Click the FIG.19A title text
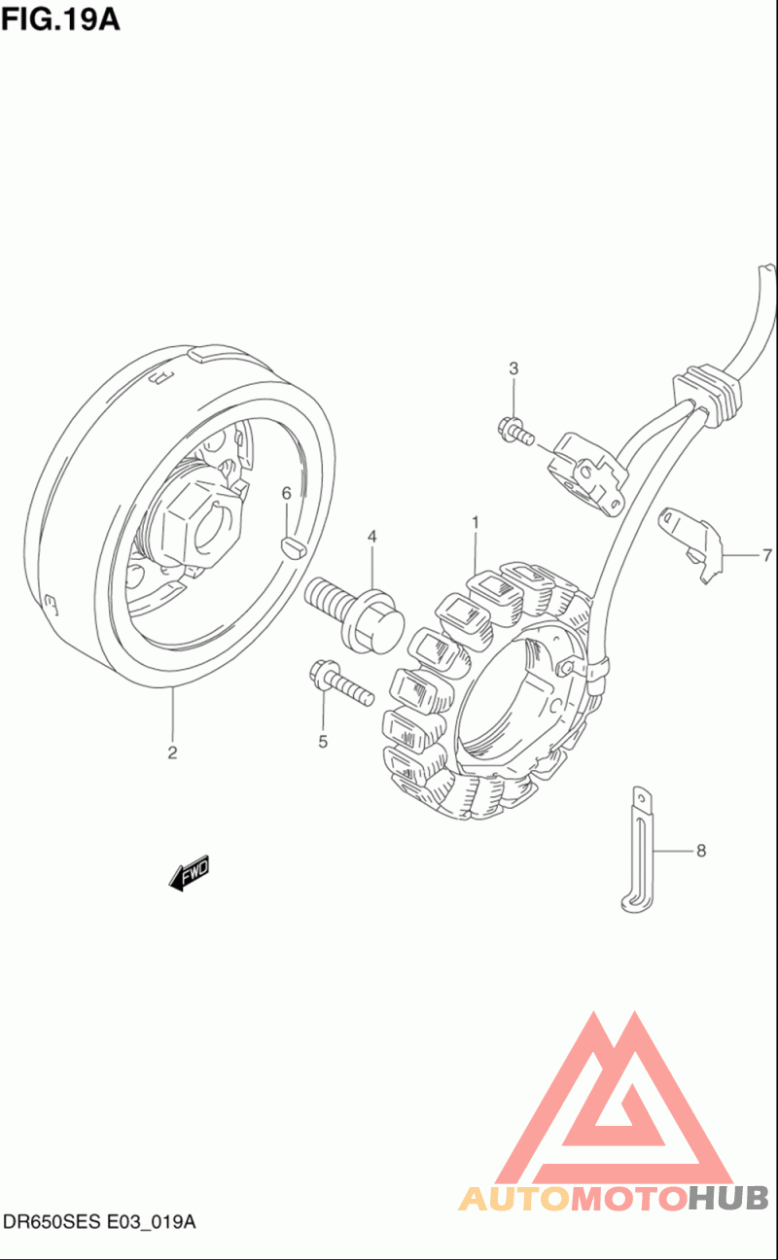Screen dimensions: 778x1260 (x=60, y=20)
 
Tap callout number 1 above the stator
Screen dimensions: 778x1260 (x=476, y=522)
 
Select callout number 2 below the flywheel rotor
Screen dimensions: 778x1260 (x=172, y=752)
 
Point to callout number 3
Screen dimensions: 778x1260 (x=513, y=368)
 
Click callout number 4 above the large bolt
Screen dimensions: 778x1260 (x=371, y=537)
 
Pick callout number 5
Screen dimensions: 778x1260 (x=323, y=742)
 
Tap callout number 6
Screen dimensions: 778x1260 (x=286, y=493)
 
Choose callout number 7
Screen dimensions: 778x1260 (x=767, y=556)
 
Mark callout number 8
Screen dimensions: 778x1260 (x=701, y=851)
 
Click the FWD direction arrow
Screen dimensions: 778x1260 (x=190, y=873)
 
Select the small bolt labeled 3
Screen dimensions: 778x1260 (x=515, y=432)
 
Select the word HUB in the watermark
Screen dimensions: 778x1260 (x=729, y=1198)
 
